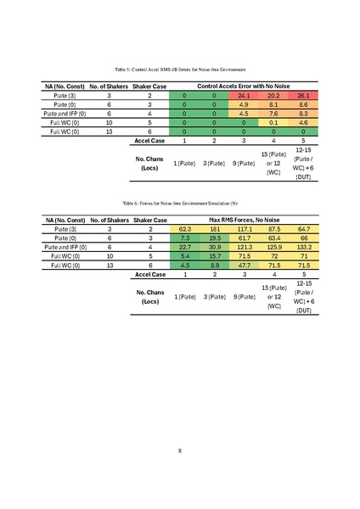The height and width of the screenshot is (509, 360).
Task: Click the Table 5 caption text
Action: point(179,67)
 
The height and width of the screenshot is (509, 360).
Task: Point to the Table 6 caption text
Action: point(179,204)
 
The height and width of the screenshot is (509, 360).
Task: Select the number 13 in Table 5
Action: point(110,131)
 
